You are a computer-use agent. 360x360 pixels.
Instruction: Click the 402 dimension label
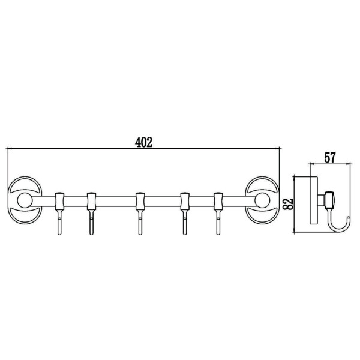(x=143, y=142)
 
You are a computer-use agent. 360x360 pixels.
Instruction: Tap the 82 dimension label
(x=289, y=204)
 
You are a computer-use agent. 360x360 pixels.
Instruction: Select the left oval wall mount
(x=25, y=200)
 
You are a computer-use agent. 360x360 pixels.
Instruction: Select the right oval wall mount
(x=262, y=200)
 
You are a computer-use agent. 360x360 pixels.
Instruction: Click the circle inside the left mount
(x=25, y=200)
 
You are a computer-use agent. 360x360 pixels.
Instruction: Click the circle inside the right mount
(x=262, y=200)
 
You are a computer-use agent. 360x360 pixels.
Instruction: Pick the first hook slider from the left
(x=59, y=201)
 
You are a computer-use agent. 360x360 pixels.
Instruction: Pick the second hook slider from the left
(x=91, y=201)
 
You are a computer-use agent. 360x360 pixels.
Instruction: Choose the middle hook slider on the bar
(x=140, y=201)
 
